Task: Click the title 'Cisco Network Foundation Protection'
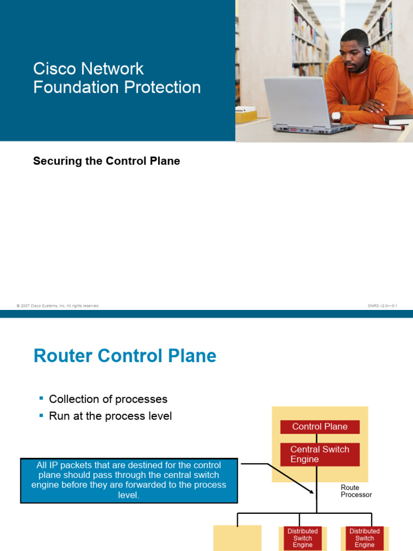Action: (x=117, y=78)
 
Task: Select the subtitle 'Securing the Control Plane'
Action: (x=106, y=161)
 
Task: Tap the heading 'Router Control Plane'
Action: (x=125, y=356)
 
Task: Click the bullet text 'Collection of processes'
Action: (x=108, y=399)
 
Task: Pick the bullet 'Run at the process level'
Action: (x=110, y=416)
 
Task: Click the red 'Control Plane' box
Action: (x=320, y=427)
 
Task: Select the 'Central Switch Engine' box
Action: (x=320, y=454)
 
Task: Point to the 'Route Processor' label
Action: (x=356, y=491)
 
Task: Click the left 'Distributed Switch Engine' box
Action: (x=302, y=538)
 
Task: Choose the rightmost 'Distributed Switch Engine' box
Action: (x=364, y=538)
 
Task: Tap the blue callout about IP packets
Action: (x=129, y=480)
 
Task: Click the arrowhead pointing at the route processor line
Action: (x=312, y=491)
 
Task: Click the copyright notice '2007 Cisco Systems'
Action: (x=58, y=306)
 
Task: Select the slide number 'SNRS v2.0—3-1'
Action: (x=382, y=306)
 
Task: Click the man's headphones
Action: (x=367, y=51)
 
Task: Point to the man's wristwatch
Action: (x=337, y=116)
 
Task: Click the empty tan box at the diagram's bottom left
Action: (x=237, y=538)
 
